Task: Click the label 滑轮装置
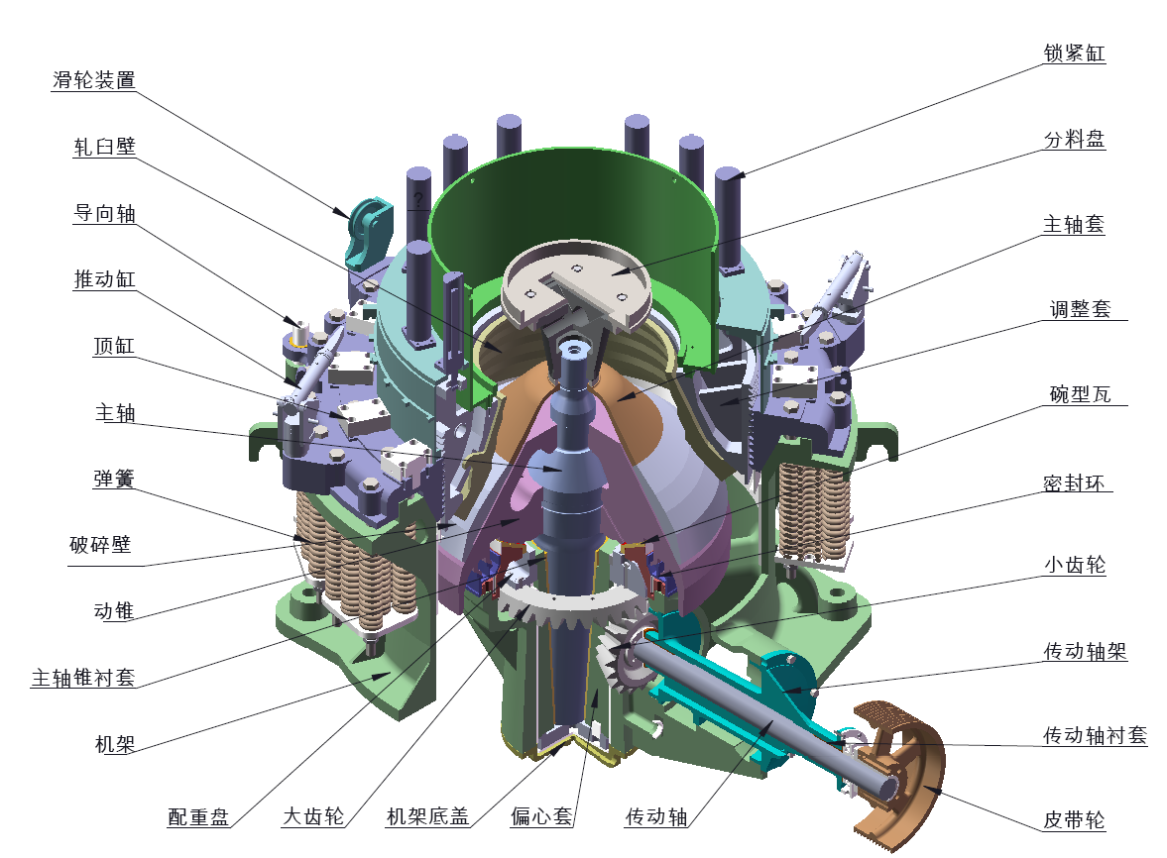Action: coord(94,80)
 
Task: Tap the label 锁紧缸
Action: coord(1074,54)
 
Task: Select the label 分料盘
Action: coord(1074,139)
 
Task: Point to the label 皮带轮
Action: coord(1074,820)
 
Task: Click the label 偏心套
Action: coord(541,816)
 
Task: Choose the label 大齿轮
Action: coord(313,816)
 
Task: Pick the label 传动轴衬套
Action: coord(1095,735)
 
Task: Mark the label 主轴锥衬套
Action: coord(83,678)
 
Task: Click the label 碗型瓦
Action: coord(1080,394)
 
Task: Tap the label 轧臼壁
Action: coord(104,147)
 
